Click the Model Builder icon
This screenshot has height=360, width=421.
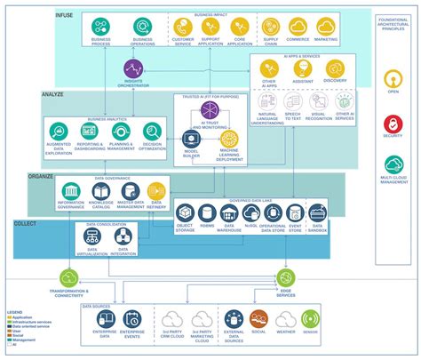coord(190,138)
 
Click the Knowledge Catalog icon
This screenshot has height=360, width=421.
coord(100,191)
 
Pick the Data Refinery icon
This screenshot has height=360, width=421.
coord(157,191)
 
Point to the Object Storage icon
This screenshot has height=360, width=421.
coord(185,212)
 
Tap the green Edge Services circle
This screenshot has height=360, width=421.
coord(287,277)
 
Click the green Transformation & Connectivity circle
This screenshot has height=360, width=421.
coord(71,278)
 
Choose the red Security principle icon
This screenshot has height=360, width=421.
coord(393,124)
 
